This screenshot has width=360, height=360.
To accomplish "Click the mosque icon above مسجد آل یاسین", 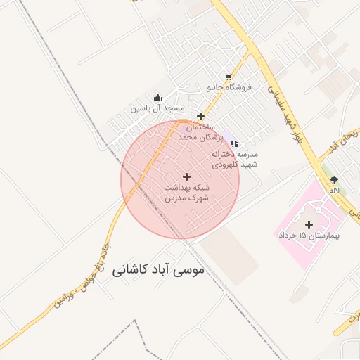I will click(x=157, y=98).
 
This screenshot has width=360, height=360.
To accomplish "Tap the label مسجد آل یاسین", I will click(x=157, y=109).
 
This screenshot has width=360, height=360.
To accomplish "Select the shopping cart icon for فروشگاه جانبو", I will click(x=229, y=77).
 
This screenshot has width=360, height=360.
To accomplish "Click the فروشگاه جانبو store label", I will click(x=229, y=88).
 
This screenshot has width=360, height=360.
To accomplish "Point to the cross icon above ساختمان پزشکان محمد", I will click(x=200, y=116).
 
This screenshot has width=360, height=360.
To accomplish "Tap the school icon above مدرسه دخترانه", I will click(x=234, y=143).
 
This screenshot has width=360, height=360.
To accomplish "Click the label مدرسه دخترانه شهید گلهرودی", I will click(x=238, y=159).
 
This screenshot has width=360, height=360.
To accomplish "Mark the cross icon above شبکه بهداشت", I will click(x=186, y=176).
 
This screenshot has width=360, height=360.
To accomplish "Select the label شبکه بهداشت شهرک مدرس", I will click(x=186, y=193).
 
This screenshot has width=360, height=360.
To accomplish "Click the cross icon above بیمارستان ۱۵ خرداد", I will click(x=309, y=224).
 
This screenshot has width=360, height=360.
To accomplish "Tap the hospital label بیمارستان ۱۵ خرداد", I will click(x=309, y=236).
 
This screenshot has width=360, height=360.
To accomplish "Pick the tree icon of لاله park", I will click(x=333, y=180).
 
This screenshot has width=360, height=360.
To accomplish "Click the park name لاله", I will click(x=334, y=191).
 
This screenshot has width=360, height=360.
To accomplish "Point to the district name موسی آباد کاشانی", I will click(x=156, y=270).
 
